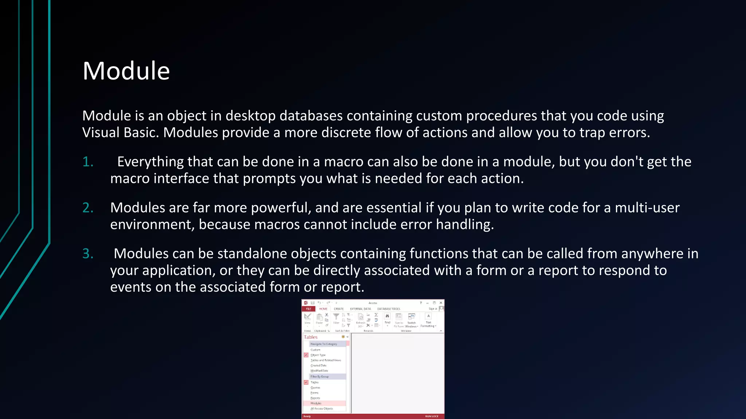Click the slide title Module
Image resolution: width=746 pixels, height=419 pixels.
(126, 71)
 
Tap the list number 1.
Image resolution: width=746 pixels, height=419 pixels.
(88, 162)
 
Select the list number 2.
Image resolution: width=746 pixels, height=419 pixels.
(88, 208)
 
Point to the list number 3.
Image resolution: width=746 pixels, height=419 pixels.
(88, 254)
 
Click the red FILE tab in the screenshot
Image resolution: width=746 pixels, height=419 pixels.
(309, 309)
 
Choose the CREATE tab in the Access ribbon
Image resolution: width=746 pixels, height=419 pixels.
(339, 309)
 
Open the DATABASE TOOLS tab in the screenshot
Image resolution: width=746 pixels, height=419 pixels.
(388, 309)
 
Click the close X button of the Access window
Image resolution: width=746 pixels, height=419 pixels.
(441, 303)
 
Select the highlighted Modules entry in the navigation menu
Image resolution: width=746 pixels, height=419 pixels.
(316, 403)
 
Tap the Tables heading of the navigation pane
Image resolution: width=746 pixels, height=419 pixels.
(311, 337)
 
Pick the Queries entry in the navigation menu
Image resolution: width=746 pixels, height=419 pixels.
(315, 388)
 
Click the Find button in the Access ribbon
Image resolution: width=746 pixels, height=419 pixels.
(387, 318)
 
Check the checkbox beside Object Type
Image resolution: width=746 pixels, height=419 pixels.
(306, 355)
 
